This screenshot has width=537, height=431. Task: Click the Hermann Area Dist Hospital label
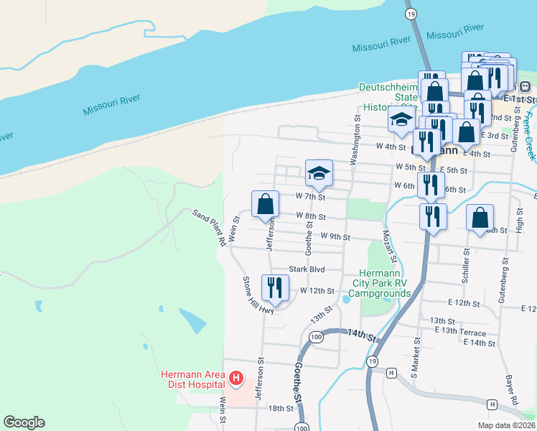tap(192, 379)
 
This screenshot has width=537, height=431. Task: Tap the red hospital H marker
tap(236, 377)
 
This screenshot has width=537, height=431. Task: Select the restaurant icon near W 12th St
tap(275, 289)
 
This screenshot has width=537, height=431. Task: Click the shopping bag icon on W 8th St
tap(265, 204)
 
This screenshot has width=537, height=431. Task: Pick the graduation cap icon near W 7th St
tap(319, 172)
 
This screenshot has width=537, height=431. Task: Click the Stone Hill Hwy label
tap(258, 295)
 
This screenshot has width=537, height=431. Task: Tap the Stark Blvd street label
tap(307, 269)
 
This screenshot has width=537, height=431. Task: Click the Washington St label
tap(355, 140)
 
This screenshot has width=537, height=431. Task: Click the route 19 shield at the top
tap(410, 14)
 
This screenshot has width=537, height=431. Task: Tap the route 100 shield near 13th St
tap(315, 336)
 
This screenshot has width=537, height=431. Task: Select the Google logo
tap(24, 422)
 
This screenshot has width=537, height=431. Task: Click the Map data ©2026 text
tap(505, 425)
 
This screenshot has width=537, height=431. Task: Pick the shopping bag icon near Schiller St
tap(480, 218)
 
